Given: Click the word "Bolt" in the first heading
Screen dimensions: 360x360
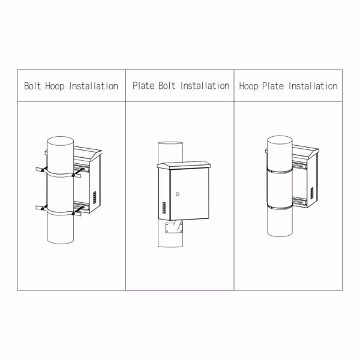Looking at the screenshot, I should tap(32, 86).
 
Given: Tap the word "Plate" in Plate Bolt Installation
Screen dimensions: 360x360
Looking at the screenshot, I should tap(143, 86).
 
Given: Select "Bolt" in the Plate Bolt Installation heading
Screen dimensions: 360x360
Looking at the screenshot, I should tap(166, 86).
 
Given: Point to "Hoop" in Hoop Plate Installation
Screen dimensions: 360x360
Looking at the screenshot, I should tap(249, 86).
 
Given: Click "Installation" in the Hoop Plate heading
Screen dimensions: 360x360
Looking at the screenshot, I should tap(313, 86).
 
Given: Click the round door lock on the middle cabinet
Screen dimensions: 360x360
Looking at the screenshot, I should tap(178, 193).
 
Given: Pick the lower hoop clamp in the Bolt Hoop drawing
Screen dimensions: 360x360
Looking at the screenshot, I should tap(60, 211).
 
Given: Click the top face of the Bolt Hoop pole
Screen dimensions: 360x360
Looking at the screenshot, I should tap(61, 142).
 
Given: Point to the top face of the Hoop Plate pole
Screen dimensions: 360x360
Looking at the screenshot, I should tap(279, 142).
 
